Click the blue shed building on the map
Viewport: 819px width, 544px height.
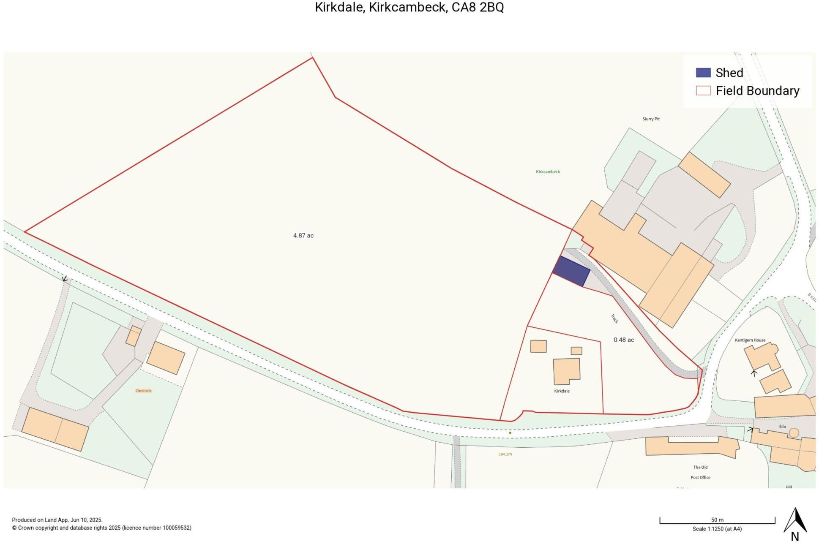tap(571, 271)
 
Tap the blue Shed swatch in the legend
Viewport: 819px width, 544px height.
tap(703, 73)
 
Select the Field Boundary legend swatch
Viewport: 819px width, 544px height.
tap(703, 90)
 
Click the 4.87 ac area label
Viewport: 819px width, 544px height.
tap(303, 236)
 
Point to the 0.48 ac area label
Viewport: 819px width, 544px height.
tap(623, 340)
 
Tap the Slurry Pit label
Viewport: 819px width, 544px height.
tap(651, 119)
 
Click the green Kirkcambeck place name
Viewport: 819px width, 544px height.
tap(548, 172)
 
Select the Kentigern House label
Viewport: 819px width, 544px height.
tap(750, 340)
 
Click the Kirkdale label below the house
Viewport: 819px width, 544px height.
tap(562, 391)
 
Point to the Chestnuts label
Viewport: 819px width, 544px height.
tap(143, 391)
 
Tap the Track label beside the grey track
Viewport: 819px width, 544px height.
tap(614, 318)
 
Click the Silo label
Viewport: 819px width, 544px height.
tap(782, 427)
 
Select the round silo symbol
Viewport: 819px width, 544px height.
tap(794, 433)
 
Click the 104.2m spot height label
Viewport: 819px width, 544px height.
tap(505, 454)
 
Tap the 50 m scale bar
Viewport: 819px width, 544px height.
tap(717, 522)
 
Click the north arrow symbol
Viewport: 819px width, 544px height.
tap(795, 521)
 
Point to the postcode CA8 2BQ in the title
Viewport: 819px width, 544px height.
tap(478, 7)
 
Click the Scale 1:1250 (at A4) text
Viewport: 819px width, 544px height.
tap(717, 529)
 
